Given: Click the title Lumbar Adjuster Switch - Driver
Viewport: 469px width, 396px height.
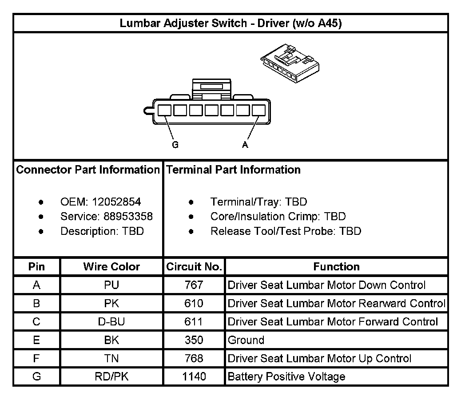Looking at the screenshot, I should click(231, 24).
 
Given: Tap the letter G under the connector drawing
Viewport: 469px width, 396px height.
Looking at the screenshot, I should click(175, 145).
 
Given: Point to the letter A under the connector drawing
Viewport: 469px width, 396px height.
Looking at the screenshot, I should click(245, 145).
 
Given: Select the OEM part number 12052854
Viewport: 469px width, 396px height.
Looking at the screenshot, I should click(116, 202).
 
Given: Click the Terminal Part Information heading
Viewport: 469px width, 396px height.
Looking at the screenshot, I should click(234, 170).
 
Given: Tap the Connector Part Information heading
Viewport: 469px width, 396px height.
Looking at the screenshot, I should click(88, 170).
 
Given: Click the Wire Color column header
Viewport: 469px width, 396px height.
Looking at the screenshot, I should click(111, 267).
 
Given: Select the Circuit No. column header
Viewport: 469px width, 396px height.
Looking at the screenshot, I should click(194, 267).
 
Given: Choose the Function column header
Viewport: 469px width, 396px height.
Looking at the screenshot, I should click(336, 267).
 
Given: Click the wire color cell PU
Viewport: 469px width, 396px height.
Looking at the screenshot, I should click(111, 285).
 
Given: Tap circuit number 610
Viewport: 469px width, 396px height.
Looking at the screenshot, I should click(194, 304).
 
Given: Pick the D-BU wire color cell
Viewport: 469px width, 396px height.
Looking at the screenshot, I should click(111, 322).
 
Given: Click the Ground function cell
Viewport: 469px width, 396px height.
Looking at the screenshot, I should click(246, 341).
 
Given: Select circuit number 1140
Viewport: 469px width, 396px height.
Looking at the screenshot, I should click(194, 377).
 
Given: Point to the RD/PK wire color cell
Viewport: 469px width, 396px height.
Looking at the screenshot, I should click(111, 377).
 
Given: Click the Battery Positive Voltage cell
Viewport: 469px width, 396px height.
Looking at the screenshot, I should click(286, 377).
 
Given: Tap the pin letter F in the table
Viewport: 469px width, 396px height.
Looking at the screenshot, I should click(36, 359).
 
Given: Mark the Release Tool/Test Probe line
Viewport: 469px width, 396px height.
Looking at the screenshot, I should click(286, 231).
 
